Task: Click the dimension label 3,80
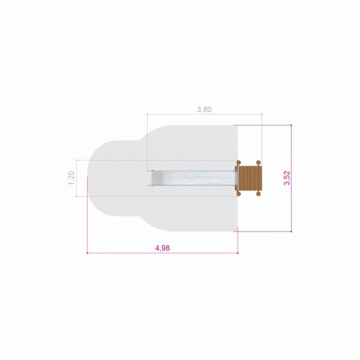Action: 204,109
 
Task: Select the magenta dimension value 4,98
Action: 163,248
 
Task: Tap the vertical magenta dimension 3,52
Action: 287,178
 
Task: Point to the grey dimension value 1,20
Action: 71,178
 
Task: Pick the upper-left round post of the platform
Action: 238,163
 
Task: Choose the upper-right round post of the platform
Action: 258,163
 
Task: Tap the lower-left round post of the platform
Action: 238,194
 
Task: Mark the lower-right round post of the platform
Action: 258,194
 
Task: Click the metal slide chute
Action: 193,178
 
